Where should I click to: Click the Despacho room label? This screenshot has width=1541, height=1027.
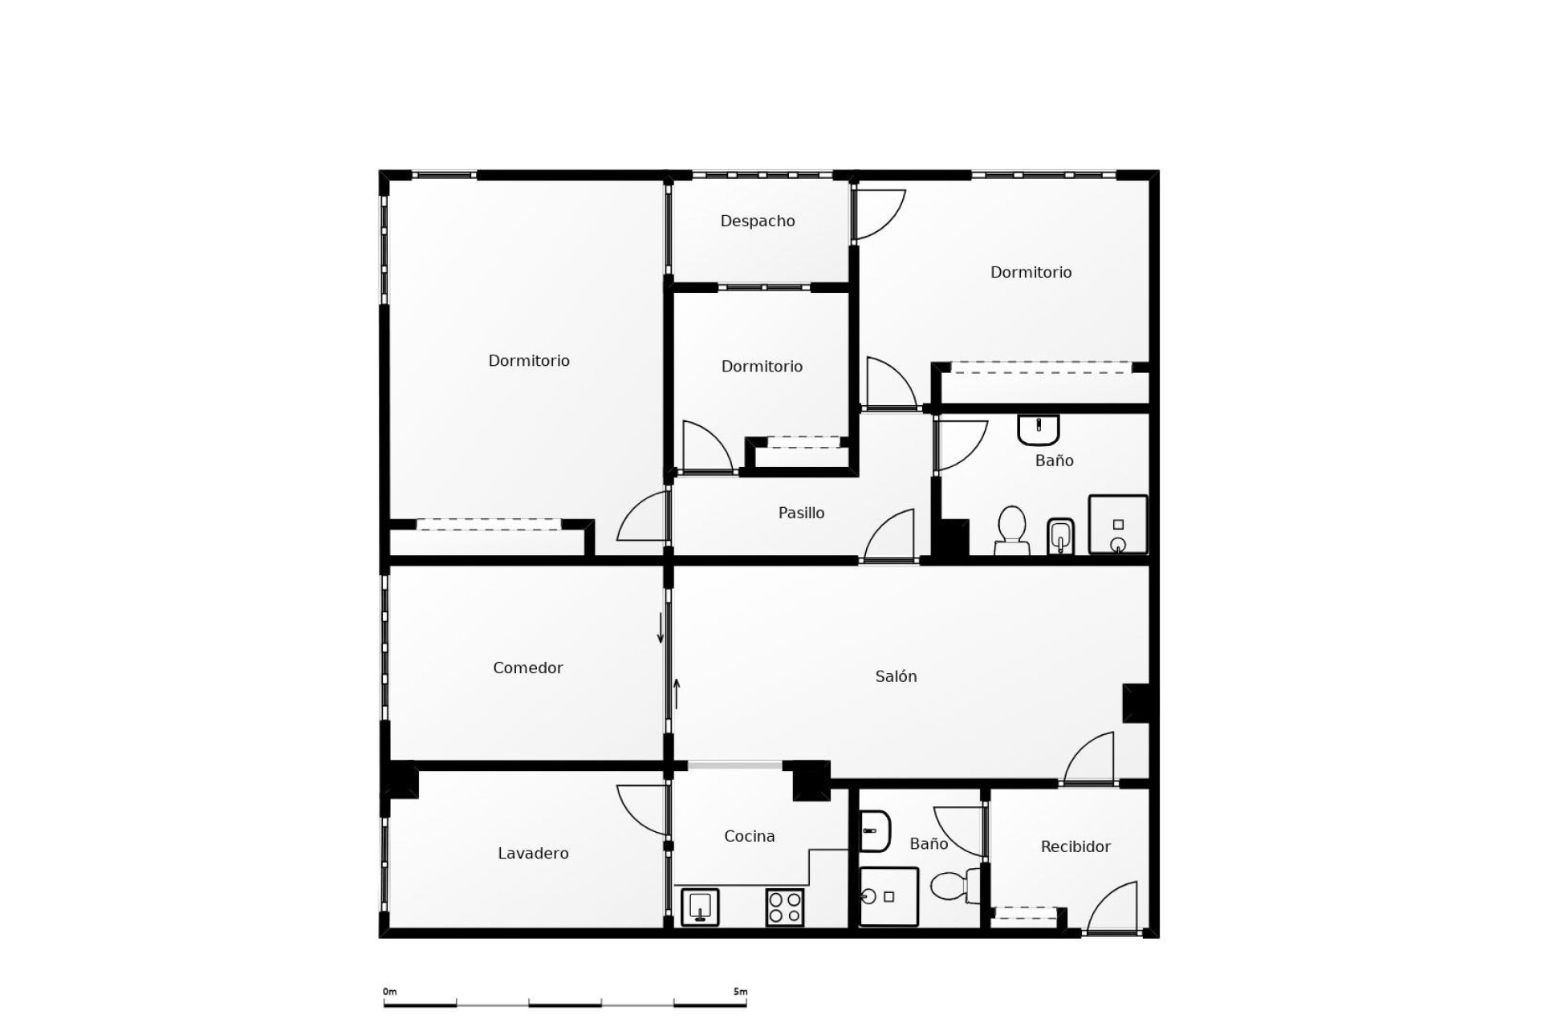coord(757,221)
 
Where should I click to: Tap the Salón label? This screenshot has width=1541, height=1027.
coord(896,676)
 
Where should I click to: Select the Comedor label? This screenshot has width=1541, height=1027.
coord(527,668)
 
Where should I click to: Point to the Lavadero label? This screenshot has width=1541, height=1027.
coord(533,853)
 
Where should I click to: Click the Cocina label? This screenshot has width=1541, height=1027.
coord(749,836)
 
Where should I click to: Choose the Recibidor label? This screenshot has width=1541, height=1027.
coord(1075,846)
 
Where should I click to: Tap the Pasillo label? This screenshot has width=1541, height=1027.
coord(801,513)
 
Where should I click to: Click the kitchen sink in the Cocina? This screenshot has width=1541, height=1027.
coord(700,907)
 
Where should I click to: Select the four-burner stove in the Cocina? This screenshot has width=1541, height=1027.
coord(785,907)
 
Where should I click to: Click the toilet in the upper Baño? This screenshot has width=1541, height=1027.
coord(1011,530)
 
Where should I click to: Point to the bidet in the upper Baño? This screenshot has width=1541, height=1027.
coord(1060,535)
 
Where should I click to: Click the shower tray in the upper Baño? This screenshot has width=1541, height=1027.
coord(1117,525)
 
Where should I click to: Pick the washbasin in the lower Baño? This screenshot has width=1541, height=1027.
coord(875,831)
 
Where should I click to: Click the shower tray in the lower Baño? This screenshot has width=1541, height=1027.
coord(888,896)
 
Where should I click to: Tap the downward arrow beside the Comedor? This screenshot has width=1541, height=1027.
coord(661,627)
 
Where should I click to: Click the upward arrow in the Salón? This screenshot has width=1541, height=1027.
coord(677,694)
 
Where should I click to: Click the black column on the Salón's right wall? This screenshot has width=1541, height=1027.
coord(1136,703)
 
